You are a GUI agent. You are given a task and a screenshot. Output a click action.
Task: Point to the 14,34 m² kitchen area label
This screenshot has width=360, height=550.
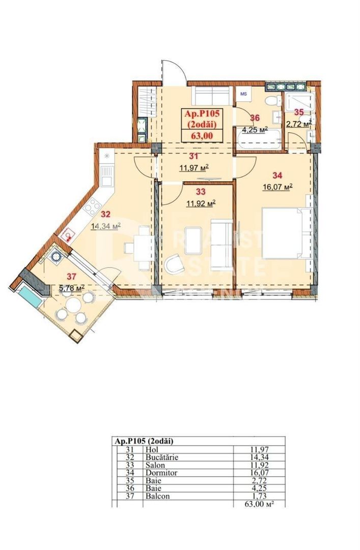coord(105,227)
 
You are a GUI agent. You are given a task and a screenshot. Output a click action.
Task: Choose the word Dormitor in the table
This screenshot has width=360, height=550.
coord(158,478)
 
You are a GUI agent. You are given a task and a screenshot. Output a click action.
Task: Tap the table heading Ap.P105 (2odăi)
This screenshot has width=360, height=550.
coord(145,441)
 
